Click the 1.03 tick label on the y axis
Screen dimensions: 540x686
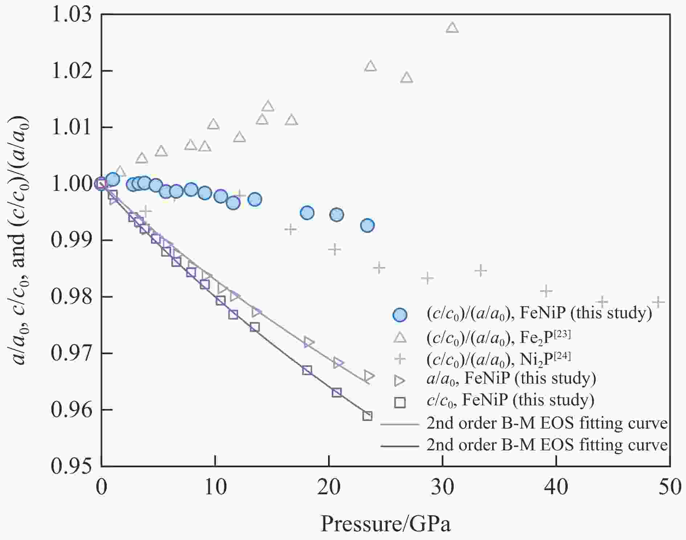72,15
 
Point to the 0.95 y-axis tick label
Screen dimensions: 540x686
72,466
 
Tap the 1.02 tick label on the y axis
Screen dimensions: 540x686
72,71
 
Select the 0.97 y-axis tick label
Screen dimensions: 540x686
72,353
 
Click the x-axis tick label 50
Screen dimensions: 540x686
670,487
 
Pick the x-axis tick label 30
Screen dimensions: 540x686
442,487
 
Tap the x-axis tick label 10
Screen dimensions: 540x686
215,487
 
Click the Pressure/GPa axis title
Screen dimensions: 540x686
385,524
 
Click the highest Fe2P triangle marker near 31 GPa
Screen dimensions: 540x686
452,28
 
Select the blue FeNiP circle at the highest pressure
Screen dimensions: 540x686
367,225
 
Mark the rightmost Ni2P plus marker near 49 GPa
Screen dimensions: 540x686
658,302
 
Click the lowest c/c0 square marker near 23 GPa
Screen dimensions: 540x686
367,416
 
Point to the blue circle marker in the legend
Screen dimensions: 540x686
400,315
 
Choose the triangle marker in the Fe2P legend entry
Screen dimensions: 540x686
400,337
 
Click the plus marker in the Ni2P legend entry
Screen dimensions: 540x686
400,359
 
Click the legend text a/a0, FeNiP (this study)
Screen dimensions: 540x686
511,379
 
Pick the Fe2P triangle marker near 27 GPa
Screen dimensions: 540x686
407,78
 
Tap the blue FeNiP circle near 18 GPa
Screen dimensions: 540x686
307,213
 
